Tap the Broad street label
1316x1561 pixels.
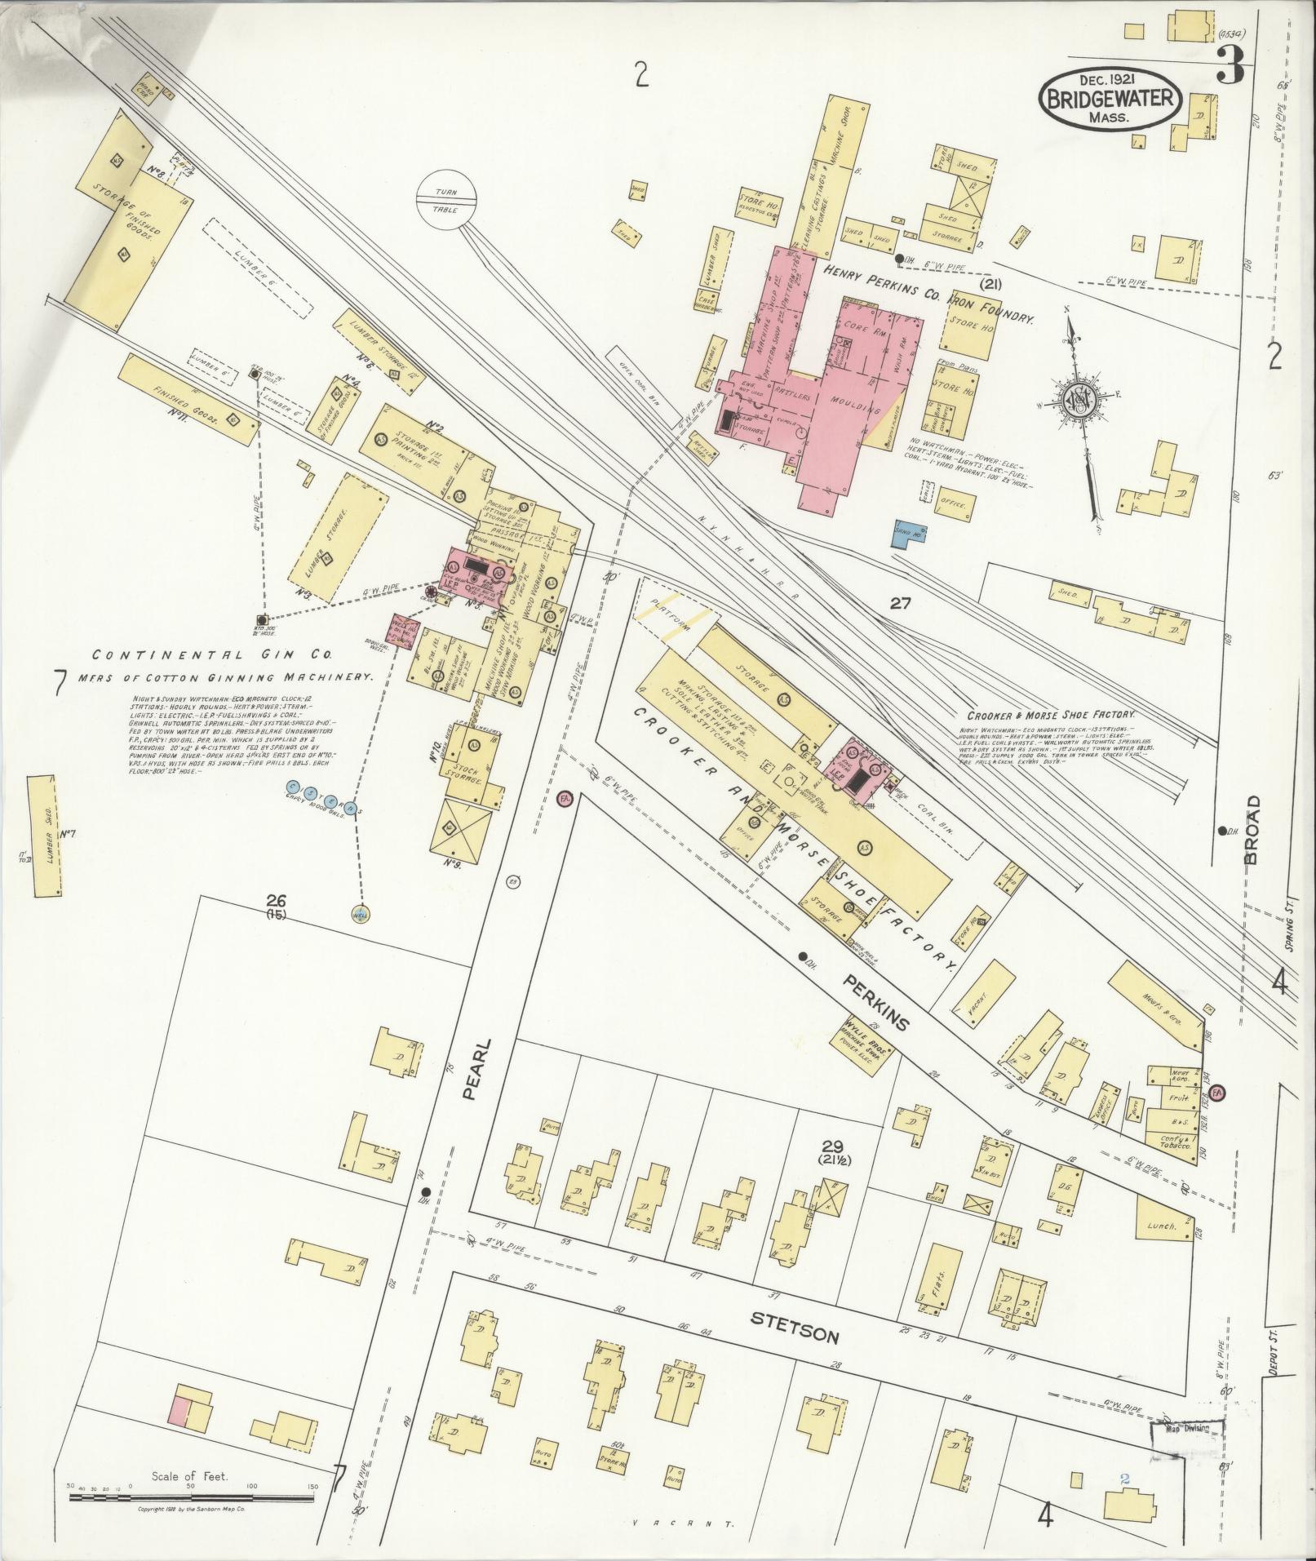point(1252,830)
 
